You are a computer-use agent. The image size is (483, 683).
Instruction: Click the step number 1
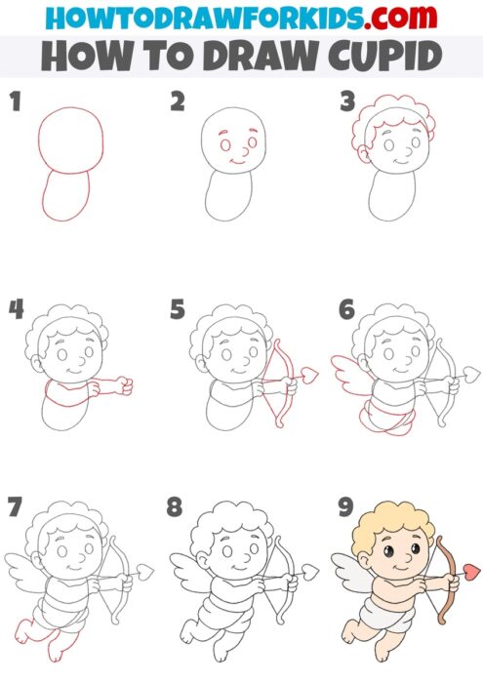coord(14,101)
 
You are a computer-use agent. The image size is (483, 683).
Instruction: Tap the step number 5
coord(177,311)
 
